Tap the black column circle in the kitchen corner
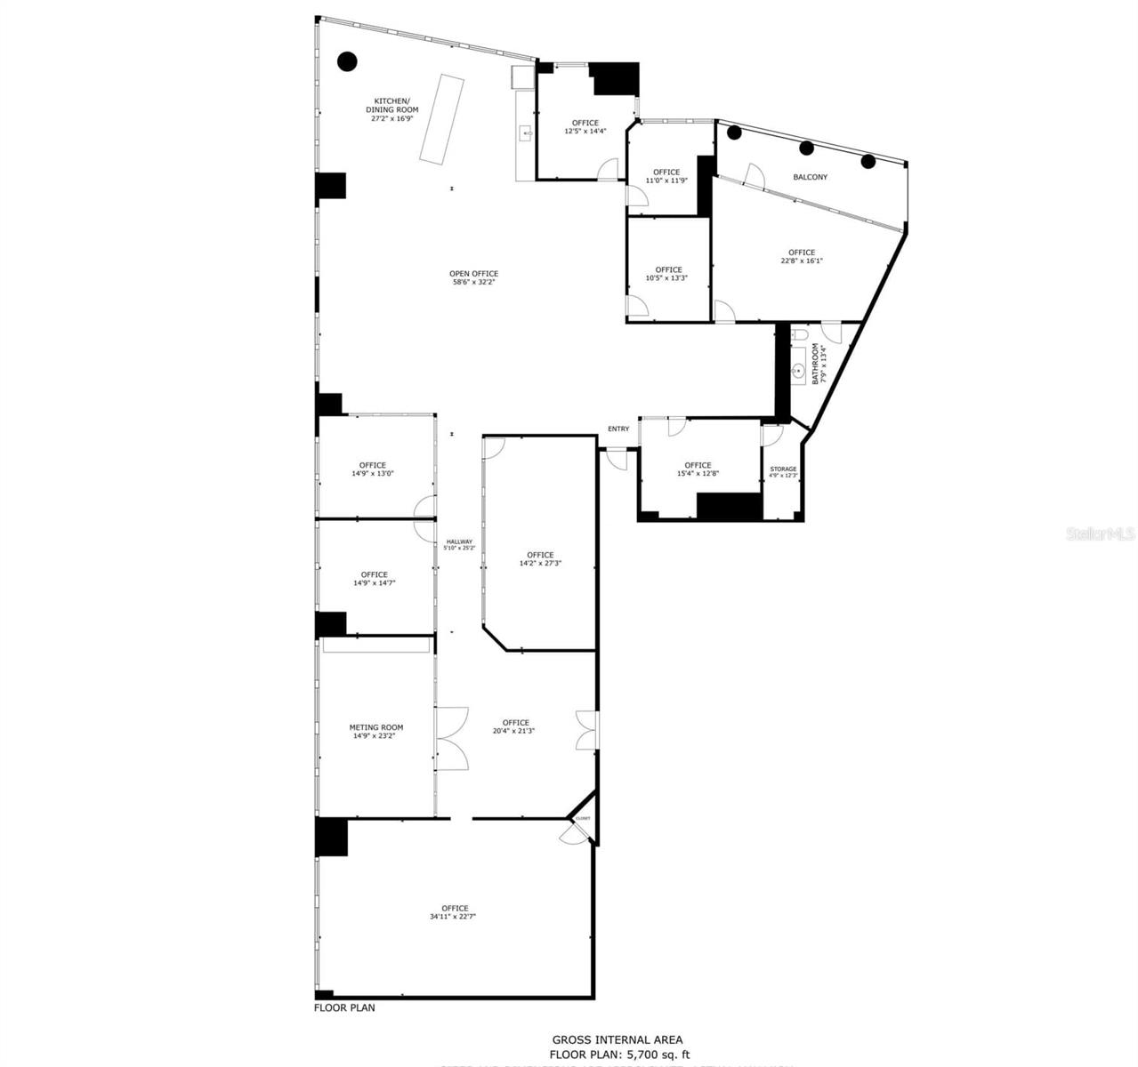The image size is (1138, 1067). (347, 61)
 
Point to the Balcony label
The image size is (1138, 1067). (810, 177)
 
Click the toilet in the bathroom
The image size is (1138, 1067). (799, 335)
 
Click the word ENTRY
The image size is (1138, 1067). (618, 429)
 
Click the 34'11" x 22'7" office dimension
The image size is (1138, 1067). (455, 917)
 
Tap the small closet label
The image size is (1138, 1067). (583, 818)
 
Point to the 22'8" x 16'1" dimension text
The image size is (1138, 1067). (801, 261)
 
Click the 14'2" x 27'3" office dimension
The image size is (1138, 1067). (540, 563)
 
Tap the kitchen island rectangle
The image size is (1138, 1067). (442, 118)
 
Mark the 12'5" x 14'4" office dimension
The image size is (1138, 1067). (585, 131)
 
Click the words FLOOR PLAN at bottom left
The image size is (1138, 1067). (344, 1007)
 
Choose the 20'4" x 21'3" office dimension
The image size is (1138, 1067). (514, 731)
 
